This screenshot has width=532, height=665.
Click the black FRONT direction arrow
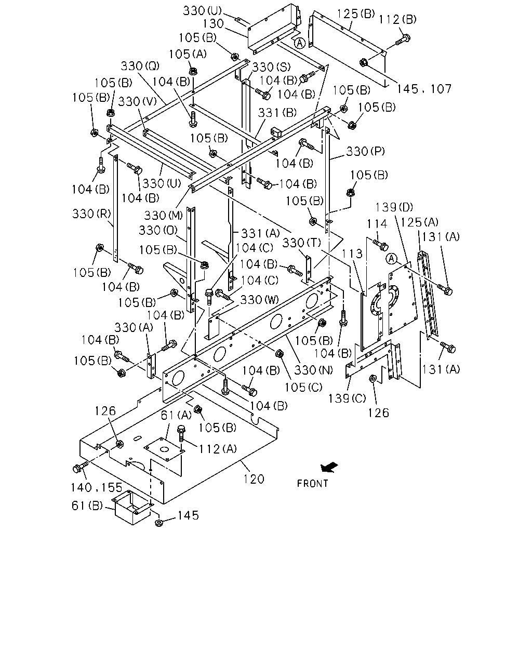pyautogui.click(x=329, y=467)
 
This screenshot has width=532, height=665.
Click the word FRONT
pyautogui.click(x=313, y=483)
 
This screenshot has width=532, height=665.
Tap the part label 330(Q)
pyautogui.click(x=140, y=66)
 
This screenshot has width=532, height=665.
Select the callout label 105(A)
pyautogui.click(x=188, y=54)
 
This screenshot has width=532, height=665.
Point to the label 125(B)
pyautogui.click(x=355, y=14)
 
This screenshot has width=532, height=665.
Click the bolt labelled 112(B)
pyautogui.click(x=403, y=39)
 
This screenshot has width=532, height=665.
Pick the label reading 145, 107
pyautogui.click(x=424, y=89)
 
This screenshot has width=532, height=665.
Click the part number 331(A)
pyautogui.click(x=260, y=233)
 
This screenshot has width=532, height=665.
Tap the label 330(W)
pyautogui.click(x=259, y=299)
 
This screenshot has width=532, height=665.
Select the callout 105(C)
pyautogui.click(x=303, y=387)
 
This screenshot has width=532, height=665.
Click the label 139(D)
pyautogui.click(x=394, y=207)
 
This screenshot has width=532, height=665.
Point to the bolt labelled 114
pyautogui.click(x=380, y=245)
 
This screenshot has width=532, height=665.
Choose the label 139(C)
pyautogui.click(x=347, y=398)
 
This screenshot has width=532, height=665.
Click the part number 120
pyautogui.click(x=254, y=479)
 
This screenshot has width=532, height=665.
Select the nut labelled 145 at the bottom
pyautogui.click(x=159, y=523)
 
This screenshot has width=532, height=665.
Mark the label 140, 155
pyautogui.click(x=97, y=488)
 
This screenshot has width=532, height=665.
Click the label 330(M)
pyautogui.click(x=164, y=216)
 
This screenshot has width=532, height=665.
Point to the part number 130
pyautogui.click(x=213, y=24)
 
